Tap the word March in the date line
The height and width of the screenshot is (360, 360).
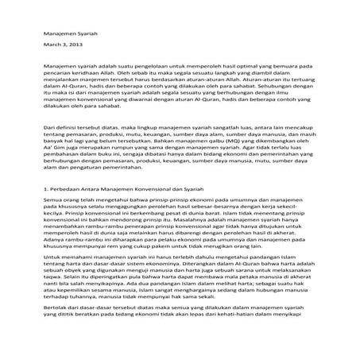[x=52, y=47]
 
